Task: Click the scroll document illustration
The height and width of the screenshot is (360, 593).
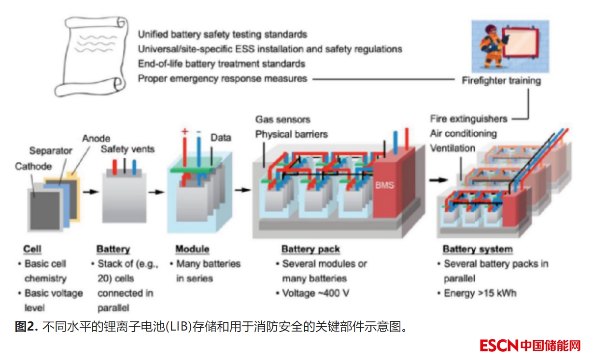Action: point(92,56)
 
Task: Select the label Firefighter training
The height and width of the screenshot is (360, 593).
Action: point(501,81)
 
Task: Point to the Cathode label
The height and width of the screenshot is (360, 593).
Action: point(33,166)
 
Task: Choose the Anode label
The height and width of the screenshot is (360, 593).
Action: point(96,138)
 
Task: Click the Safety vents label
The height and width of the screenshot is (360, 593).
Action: point(127,149)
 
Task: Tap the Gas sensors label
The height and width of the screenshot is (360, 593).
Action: point(283,119)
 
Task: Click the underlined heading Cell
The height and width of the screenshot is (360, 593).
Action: point(32,249)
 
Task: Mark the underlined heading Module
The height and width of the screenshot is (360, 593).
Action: point(192,249)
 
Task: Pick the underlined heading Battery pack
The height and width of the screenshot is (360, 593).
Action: point(311,249)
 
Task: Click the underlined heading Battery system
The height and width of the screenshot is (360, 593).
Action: point(478,249)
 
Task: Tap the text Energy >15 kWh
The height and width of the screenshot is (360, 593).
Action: point(480,293)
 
